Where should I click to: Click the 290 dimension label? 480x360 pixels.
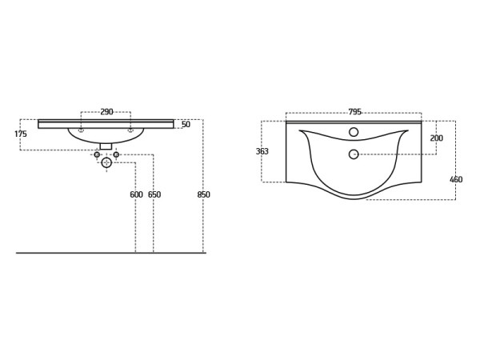107,112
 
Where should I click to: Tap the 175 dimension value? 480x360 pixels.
21,134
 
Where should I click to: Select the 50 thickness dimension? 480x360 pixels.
186,124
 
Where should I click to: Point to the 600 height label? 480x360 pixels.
136,194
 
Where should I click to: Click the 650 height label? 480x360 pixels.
154,194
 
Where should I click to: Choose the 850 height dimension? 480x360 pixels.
203,194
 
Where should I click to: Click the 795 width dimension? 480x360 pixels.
354,112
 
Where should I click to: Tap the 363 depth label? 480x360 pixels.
262,151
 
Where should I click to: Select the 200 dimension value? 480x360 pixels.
437,138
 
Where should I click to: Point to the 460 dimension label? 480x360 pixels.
456,179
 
